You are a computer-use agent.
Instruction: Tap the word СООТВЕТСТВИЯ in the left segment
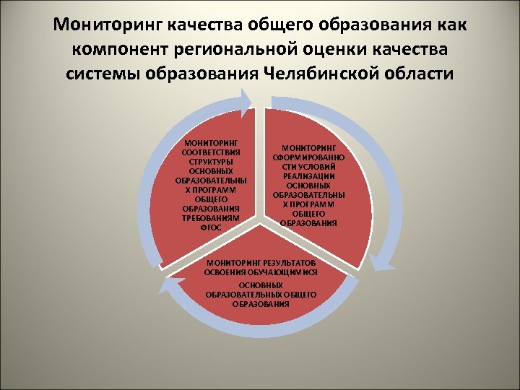tap(212, 152)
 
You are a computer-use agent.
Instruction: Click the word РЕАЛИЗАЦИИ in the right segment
tap(308, 176)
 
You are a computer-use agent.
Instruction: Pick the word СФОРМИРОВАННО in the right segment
tap(308, 157)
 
